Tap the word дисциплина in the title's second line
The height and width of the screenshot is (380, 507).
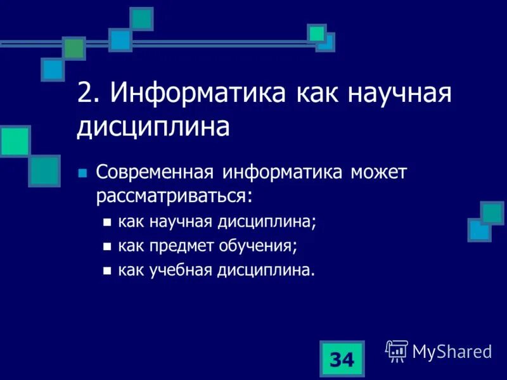click(x=153, y=127)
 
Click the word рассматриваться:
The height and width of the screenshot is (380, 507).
click(x=174, y=195)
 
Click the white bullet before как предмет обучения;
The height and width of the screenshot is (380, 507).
click(x=106, y=247)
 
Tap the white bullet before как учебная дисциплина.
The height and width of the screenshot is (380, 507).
click(x=106, y=271)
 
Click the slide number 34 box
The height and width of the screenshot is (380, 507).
click(x=342, y=359)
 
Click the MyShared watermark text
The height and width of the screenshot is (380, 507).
click(x=452, y=351)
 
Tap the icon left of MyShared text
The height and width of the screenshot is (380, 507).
click(x=397, y=350)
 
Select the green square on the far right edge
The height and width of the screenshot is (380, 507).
click(x=492, y=212)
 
